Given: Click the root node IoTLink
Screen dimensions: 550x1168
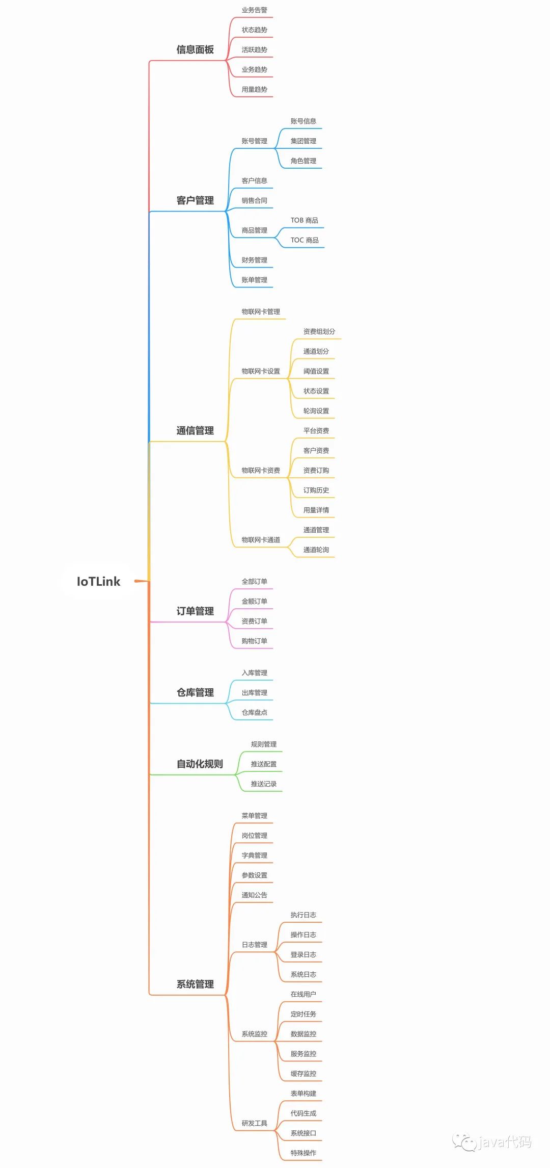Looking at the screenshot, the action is tap(98, 581).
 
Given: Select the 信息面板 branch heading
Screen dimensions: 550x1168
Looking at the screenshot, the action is tap(195, 49).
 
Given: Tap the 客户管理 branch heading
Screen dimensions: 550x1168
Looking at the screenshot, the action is tap(195, 200).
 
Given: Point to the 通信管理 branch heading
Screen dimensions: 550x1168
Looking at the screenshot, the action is tap(195, 430).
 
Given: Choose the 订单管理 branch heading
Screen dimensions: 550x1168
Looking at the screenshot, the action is tap(195, 611).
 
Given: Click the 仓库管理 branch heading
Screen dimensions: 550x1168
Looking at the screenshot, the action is tap(195, 692).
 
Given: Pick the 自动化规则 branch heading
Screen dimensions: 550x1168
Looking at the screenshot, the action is tap(200, 764).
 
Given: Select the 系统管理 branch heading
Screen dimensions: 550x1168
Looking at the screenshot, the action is tap(195, 984).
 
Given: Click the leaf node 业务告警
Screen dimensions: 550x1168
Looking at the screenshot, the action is tap(254, 10).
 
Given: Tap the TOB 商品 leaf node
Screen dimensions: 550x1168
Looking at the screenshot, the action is tap(305, 220).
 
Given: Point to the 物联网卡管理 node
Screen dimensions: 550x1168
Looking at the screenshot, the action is tap(261, 312).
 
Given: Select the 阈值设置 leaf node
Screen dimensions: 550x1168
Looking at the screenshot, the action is tap(316, 371).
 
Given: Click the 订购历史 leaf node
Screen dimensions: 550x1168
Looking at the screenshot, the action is tap(316, 490).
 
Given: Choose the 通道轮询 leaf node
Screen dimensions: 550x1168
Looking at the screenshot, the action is tap(316, 550).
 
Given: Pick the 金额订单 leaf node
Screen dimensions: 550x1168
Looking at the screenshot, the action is tap(254, 601).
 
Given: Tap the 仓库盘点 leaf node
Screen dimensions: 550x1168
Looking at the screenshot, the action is tap(254, 712).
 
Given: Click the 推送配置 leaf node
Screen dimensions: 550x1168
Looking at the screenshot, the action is tap(263, 764).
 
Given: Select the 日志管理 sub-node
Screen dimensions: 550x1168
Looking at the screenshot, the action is tap(254, 944).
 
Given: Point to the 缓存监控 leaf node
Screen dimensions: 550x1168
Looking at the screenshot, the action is tap(303, 1073).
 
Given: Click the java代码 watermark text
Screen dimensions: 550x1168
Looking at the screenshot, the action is tap(504, 1142).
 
